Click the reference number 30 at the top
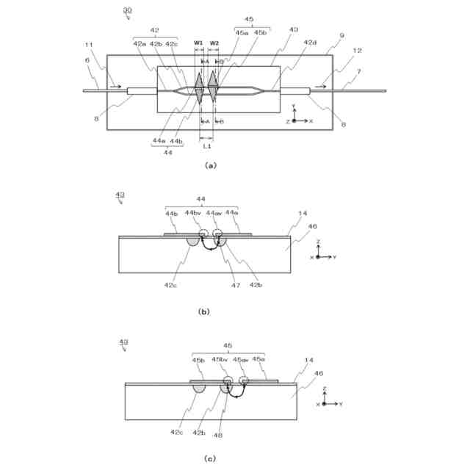pos(128,11)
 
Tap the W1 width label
pos(198,43)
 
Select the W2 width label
pos(214,43)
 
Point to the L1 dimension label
pos(206,147)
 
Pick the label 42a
pos(140,44)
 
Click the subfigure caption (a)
pos(210,166)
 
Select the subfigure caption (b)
pos(203,311)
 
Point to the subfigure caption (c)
pos(210,459)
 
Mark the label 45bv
pos(220,361)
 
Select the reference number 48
pos(217,434)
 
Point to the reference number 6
pos(87,61)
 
